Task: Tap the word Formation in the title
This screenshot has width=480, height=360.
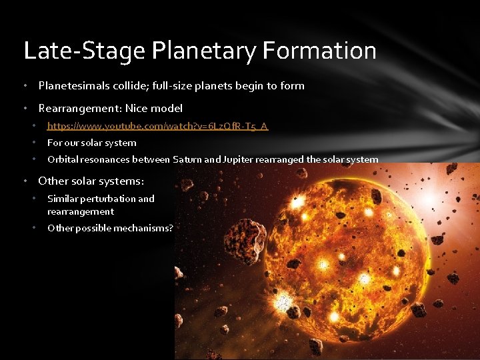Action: [x=321, y=51]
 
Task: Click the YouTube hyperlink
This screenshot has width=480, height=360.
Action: [x=158, y=125]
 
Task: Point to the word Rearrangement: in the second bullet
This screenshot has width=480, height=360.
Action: [x=79, y=108]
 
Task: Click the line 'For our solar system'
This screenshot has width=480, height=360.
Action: [x=92, y=143]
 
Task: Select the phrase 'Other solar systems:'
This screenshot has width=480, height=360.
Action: [x=91, y=181]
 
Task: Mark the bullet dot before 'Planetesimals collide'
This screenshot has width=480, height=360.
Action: [x=25, y=86]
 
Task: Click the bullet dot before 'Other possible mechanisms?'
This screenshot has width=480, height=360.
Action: [x=34, y=228]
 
